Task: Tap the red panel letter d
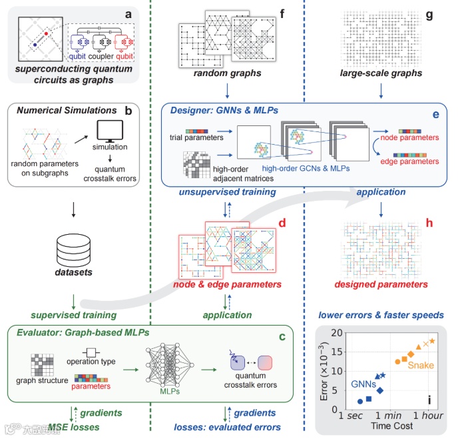[282, 222]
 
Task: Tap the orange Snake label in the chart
[421, 365]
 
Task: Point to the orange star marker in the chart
[433, 342]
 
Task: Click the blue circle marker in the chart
[360, 402]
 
